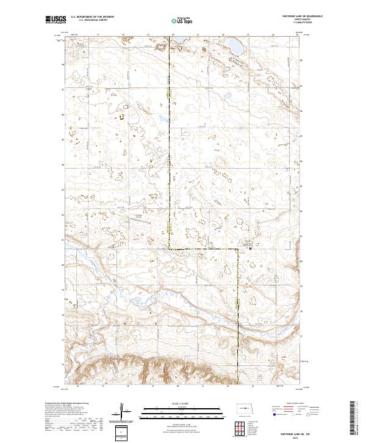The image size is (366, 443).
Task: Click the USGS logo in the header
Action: pos(55,20)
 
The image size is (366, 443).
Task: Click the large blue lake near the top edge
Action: pos(234,45)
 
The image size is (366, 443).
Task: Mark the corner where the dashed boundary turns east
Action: pos(170,249)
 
